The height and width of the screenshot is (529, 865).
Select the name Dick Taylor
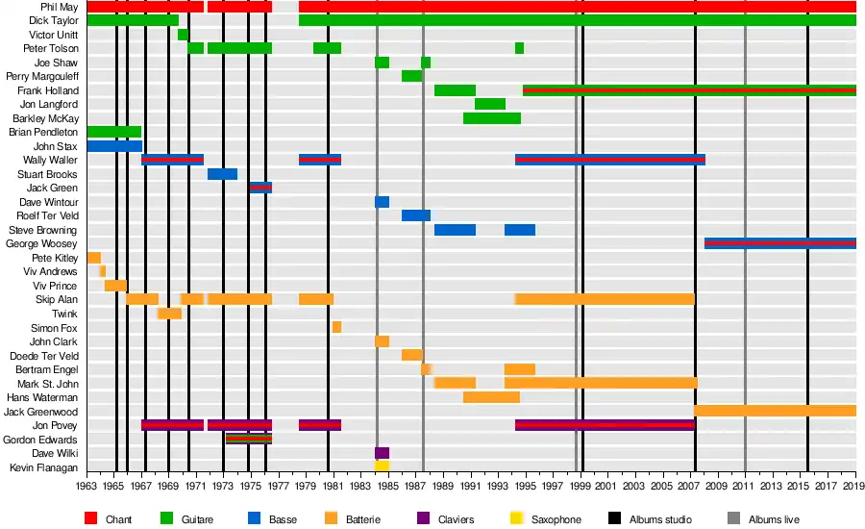(x=53, y=20)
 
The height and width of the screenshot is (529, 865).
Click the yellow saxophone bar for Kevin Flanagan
(x=382, y=466)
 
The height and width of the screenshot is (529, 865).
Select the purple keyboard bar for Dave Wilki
(x=382, y=452)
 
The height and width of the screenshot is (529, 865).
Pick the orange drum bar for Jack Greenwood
(x=775, y=411)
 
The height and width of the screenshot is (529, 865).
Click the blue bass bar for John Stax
(x=114, y=146)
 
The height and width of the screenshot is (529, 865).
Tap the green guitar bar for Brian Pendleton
(x=113, y=132)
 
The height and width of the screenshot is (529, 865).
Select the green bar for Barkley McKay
(x=492, y=118)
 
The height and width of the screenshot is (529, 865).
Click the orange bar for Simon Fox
(x=336, y=327)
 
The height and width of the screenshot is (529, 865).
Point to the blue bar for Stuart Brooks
(x=222, y=174)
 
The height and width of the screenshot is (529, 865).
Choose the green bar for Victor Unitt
(x=183, y=35)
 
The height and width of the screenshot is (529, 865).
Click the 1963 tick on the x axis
(x=87, y=487)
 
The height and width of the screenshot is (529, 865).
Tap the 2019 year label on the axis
(x=855, y=487)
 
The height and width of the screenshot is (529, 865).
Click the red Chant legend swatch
(x=91, y=519)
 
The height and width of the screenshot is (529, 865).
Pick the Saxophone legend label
(x=556, y=520)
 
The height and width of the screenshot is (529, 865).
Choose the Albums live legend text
(x=774, y=520)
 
